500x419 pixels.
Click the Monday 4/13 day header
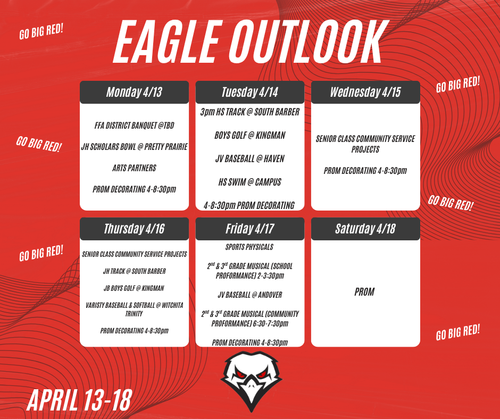134,92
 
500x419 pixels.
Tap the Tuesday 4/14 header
249,92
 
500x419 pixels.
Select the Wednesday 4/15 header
365,92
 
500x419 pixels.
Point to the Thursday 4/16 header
134,229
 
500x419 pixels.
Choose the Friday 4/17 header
249,229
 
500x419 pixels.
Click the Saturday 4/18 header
365,229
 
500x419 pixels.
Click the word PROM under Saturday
364,292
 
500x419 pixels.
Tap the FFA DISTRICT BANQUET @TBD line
134,125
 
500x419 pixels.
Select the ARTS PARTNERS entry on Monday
134,168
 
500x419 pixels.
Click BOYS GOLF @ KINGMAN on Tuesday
249,135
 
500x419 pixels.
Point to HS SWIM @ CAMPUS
249,182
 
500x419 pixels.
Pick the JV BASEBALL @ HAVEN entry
249,158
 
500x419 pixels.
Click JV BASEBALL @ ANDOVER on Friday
249,295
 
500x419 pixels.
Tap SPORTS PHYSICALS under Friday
249,247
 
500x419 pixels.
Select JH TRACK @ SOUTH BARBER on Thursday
134,271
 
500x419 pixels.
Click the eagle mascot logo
251,381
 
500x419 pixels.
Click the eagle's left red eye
240,372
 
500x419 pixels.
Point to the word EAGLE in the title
168,41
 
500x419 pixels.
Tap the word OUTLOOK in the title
309,41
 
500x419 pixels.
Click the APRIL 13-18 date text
79,400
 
